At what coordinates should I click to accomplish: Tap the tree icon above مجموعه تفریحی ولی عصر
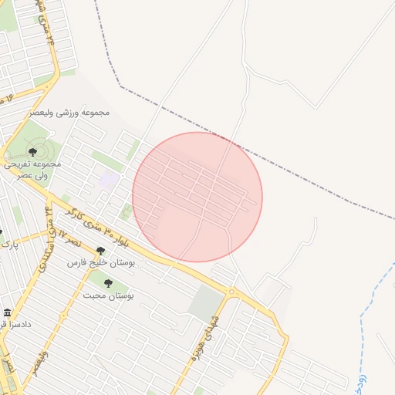coord(32,152)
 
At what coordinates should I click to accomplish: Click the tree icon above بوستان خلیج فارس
coord(100,250)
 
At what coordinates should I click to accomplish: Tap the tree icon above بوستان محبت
coord(108,283)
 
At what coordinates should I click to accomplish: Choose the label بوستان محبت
coord(108,296)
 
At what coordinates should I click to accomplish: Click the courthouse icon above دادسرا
coord(7,312)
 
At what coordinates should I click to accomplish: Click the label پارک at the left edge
coord(8,245)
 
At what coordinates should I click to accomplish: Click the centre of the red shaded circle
coord(197,197)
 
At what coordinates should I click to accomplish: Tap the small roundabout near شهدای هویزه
coord(231,292)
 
